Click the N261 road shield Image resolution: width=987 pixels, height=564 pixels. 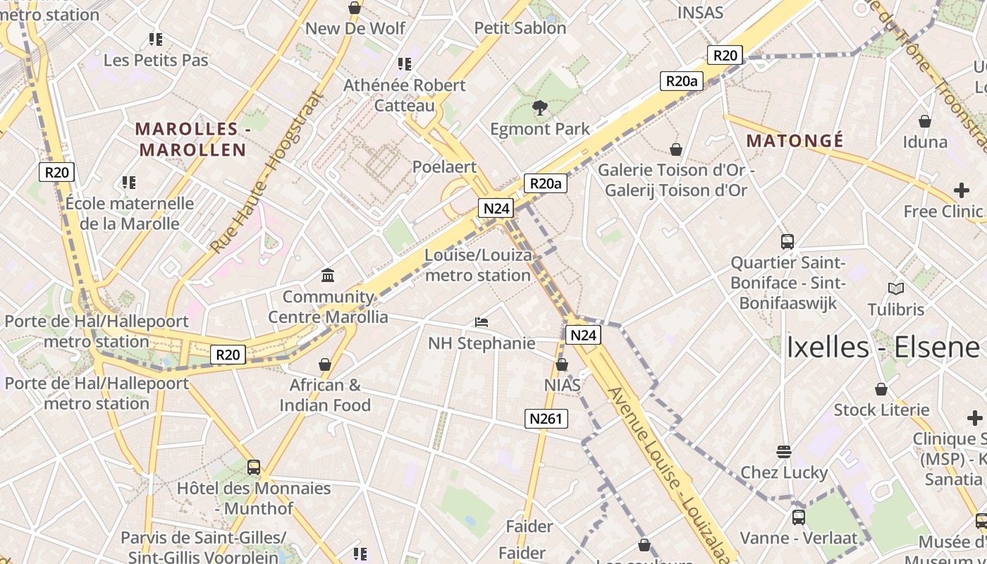546,419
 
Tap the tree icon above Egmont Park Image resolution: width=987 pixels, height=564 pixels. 540,108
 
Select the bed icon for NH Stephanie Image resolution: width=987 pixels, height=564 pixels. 482,322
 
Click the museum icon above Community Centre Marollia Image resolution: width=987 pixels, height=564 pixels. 328,275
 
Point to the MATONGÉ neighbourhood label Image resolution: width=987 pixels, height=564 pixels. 795,141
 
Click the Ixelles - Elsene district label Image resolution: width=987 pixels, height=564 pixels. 883,348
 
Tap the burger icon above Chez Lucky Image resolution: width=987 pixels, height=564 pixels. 783,451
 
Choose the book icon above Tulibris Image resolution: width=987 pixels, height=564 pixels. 896,288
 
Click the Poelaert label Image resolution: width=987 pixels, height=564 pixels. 444,167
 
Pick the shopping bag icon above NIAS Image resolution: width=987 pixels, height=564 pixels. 562,364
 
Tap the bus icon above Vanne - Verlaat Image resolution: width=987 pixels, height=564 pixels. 799,517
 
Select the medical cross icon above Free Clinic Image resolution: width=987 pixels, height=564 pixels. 962,190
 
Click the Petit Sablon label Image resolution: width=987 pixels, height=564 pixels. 520,28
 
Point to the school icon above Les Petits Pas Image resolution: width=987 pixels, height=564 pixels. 156,39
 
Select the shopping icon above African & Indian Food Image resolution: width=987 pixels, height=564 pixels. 325,364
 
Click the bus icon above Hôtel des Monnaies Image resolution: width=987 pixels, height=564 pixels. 254,467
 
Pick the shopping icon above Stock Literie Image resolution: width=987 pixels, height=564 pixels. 881,389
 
